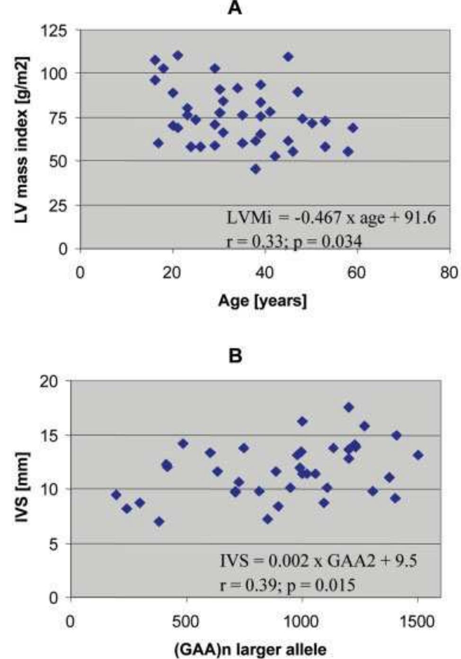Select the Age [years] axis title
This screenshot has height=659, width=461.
[x=262, y=300]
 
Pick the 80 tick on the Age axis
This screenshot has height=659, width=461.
[x=449, y=274]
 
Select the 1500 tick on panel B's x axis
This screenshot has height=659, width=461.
[x=417, y=621]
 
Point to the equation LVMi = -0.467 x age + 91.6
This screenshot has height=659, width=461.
[x=331, y=218]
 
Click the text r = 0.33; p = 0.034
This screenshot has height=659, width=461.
[x=293, y=242]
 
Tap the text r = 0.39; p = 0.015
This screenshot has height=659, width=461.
[x=287, y=585]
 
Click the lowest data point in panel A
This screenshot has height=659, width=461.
[x=256, y=169]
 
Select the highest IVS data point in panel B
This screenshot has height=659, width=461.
[x=349, y=407]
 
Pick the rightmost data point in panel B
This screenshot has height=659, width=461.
[x=418, y=455]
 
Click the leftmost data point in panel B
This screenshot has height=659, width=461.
[x=116, y=495]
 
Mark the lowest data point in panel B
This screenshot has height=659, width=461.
[x=159, y=522]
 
